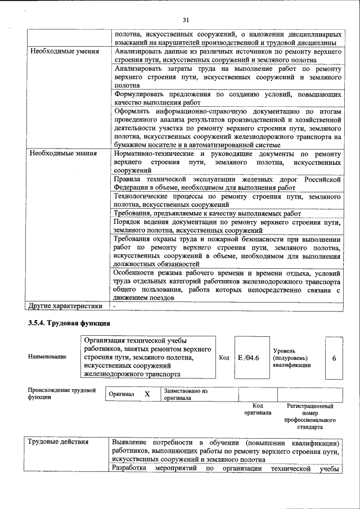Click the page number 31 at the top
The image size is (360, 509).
pyautogui.click(x=186, y=20)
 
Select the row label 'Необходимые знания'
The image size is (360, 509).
pyautogui.click(x=59, y=153)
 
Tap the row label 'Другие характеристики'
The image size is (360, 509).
pyautogui.click(x=65, y=306)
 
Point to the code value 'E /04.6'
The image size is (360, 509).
pyautogui.click(x=248, y=357)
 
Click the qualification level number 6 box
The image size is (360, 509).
pyautogui.click(x=334, y=357)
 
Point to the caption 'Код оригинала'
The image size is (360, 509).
pyautogui.click(x=258, y=409)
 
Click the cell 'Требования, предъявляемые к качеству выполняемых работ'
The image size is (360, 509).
pyautogui.click(x=208, y=214)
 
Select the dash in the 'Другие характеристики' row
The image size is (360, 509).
pyautogui.click(x=114, y=306)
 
